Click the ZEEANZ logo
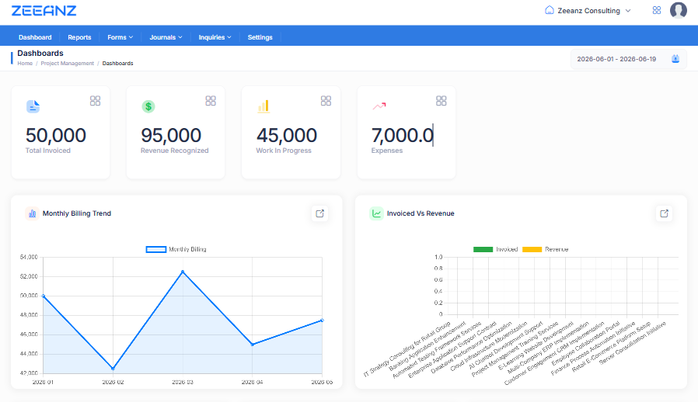(44, 11)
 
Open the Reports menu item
(79, 37)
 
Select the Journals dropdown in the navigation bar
(166, 37)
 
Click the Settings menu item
(260, 37)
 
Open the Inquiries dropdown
(215, 37)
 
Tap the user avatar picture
(678, 10)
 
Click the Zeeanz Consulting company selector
(588, 11)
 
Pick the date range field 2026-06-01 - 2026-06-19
(628, 59)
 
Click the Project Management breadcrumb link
(67, 64)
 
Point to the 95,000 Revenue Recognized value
(171, 135)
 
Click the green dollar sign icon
(148, 106)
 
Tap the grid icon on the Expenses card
(441, 101)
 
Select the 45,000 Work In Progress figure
(286, 135)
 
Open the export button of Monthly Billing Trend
(319, 213)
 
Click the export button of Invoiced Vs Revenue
(664, 213)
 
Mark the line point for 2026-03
(183, 272)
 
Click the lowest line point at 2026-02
(113, 369)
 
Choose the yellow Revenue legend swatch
(532, 249)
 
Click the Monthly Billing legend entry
(176, 249)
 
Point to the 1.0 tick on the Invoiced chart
(438, 257)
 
